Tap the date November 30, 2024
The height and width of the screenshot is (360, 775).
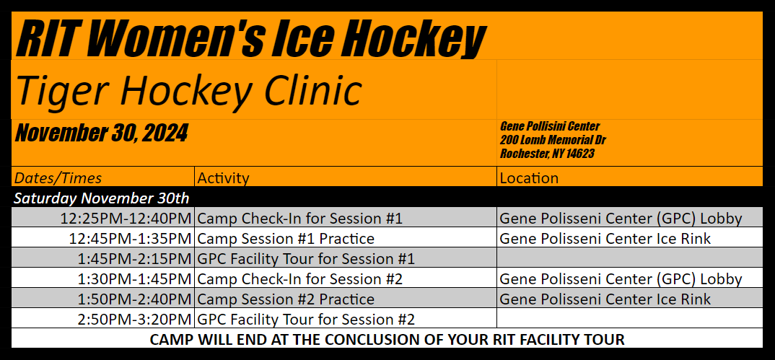click(x=101, y=133)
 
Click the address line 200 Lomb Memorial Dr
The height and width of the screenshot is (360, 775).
click(x=553, y=140)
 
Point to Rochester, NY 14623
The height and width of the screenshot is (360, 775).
click(x=547, y=154)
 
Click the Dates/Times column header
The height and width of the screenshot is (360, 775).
click(x=58, y=177)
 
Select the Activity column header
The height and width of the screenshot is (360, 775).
click(x=223, y=177)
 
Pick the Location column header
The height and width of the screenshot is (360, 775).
click(x=529, y=177)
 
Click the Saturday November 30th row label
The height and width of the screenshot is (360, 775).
click(x=101, y=198)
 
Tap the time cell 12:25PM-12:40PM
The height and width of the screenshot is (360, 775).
click(x=126, y=219)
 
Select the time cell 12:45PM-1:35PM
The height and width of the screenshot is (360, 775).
click(x=130, y=239)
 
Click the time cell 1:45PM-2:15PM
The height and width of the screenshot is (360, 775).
click(x=134, y=259)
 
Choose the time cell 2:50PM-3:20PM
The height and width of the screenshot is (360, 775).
click(x=134, y=320)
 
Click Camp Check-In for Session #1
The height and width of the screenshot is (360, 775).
click(x=299, y=219)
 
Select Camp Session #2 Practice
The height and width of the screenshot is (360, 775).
click(x=286, y=299)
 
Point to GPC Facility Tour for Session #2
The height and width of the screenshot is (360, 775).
click(x=306, y=320)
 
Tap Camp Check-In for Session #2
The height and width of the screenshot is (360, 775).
click(x=299, y=279)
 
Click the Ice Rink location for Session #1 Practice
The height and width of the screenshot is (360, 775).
click(x=605, y=239)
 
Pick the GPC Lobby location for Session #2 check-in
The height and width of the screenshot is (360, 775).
click(x=621, y=279)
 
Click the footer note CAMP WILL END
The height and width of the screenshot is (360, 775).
click(x=387, y=340)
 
